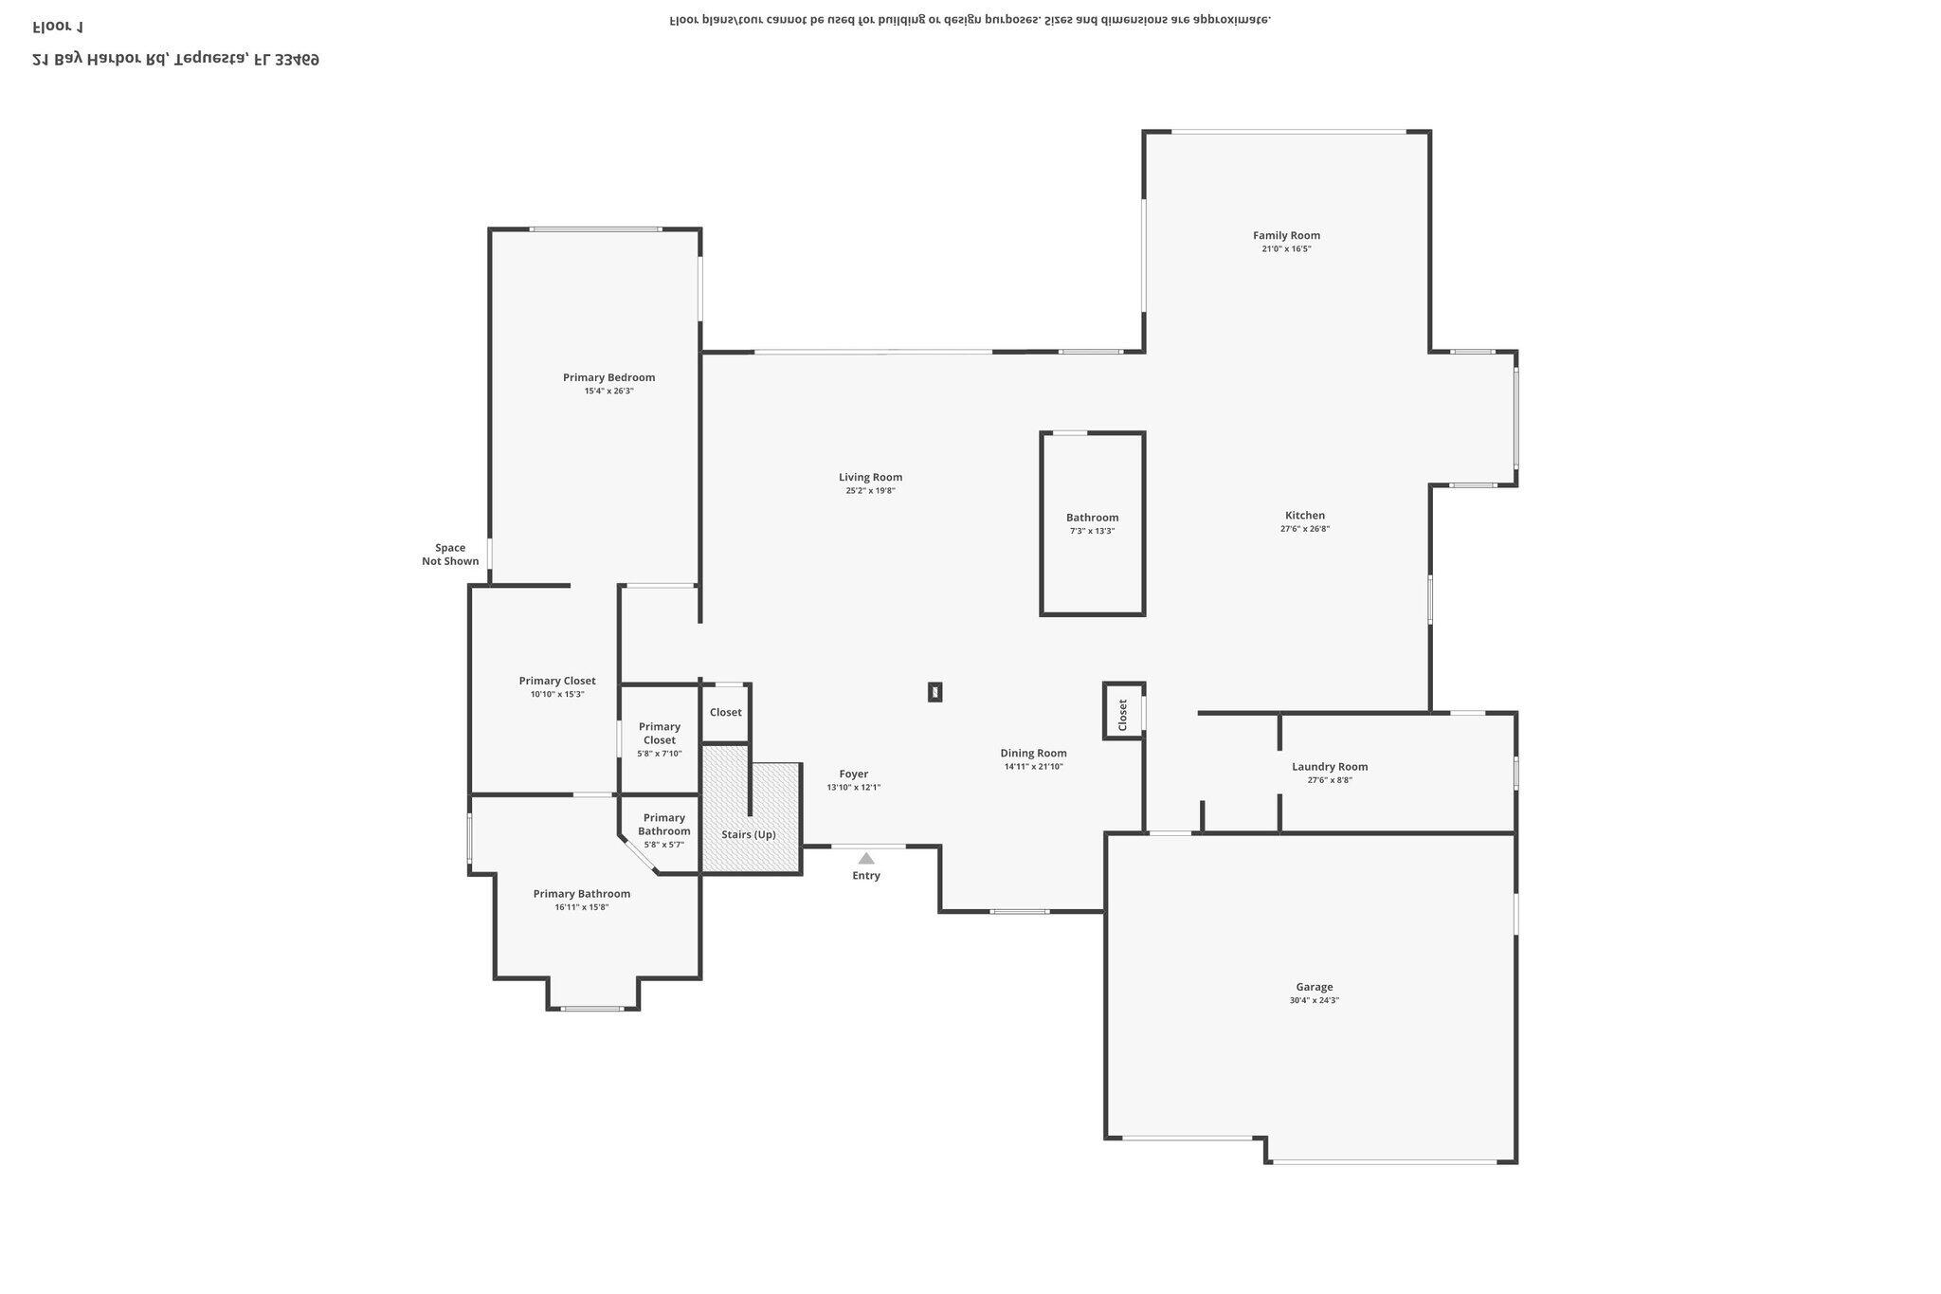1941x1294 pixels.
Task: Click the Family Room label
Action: pos(1286,235)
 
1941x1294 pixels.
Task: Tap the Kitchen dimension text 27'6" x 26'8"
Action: pos(1304,529)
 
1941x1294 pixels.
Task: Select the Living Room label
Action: pos(870,477)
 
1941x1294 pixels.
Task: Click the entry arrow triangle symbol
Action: pos(866,858)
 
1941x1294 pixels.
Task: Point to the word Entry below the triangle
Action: pos(866,875)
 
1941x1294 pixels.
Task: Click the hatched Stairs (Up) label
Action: pos(749,834)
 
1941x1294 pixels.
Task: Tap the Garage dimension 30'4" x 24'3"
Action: pos(1314,1000)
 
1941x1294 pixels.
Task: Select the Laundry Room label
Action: pos(1329,766)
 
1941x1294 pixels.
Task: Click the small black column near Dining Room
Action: pos(934,692)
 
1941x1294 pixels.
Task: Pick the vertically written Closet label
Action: pos(1123,714)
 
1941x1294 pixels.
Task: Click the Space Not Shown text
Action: pos(450,555)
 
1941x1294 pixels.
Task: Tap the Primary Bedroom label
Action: pos(608,377)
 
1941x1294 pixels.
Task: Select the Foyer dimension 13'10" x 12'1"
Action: pos(853,787)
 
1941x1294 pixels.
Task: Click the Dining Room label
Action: pos(1033,753)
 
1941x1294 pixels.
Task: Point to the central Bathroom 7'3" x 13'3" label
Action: pos(1092,518)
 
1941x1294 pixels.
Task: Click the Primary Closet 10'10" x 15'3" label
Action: pos(557,681)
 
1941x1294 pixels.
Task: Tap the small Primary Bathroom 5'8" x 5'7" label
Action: pos(663,825)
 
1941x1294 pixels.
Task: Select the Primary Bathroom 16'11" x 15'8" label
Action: pos(581,894)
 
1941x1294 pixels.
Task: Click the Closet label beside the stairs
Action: pos(725,712)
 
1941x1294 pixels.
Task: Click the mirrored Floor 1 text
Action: pos(58,26)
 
